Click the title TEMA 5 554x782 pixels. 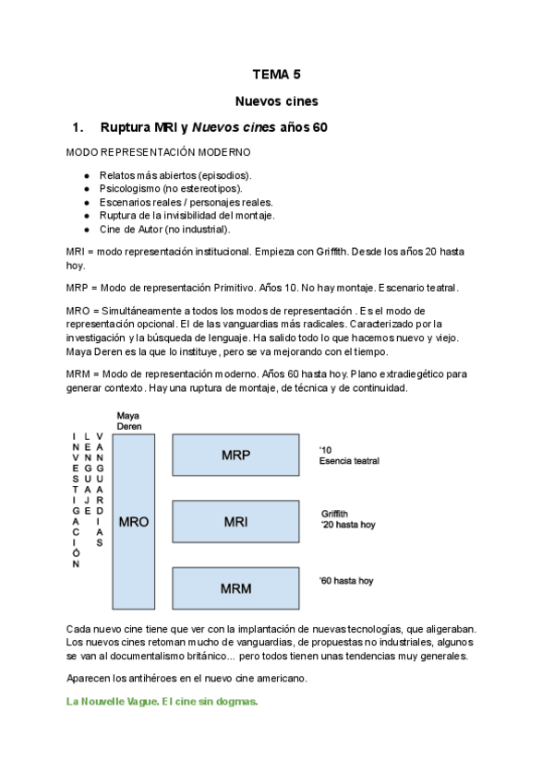pos(276,76)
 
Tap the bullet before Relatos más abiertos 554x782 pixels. pos(87,175)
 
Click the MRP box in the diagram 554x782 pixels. pos(236,456)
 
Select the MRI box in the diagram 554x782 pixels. pos(236,522)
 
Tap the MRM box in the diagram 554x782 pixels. pos(236,587)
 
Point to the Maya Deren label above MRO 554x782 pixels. pos(128,421)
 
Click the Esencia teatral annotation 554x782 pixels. pos(349,461)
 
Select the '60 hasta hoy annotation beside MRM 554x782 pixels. pos(346,581)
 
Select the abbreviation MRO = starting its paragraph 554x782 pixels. pos(84,311)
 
